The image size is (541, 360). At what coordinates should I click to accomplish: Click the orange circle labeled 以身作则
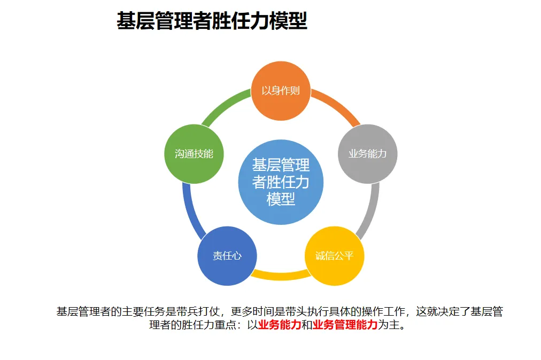point(281,90)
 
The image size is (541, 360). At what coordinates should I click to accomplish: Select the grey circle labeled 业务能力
point(368,154)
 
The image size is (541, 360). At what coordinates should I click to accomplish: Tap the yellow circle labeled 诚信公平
point(334,256)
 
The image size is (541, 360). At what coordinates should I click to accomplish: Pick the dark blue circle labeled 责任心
point(227,256)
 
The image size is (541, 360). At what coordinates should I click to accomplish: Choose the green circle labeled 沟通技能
point(194,154)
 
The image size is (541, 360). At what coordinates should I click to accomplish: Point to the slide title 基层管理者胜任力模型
point(212,22)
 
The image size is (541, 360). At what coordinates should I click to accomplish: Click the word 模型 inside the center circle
point(281,199)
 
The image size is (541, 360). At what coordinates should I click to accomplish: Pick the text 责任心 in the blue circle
point(227,256)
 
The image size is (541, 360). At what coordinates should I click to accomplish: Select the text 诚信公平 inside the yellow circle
point(334,256)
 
